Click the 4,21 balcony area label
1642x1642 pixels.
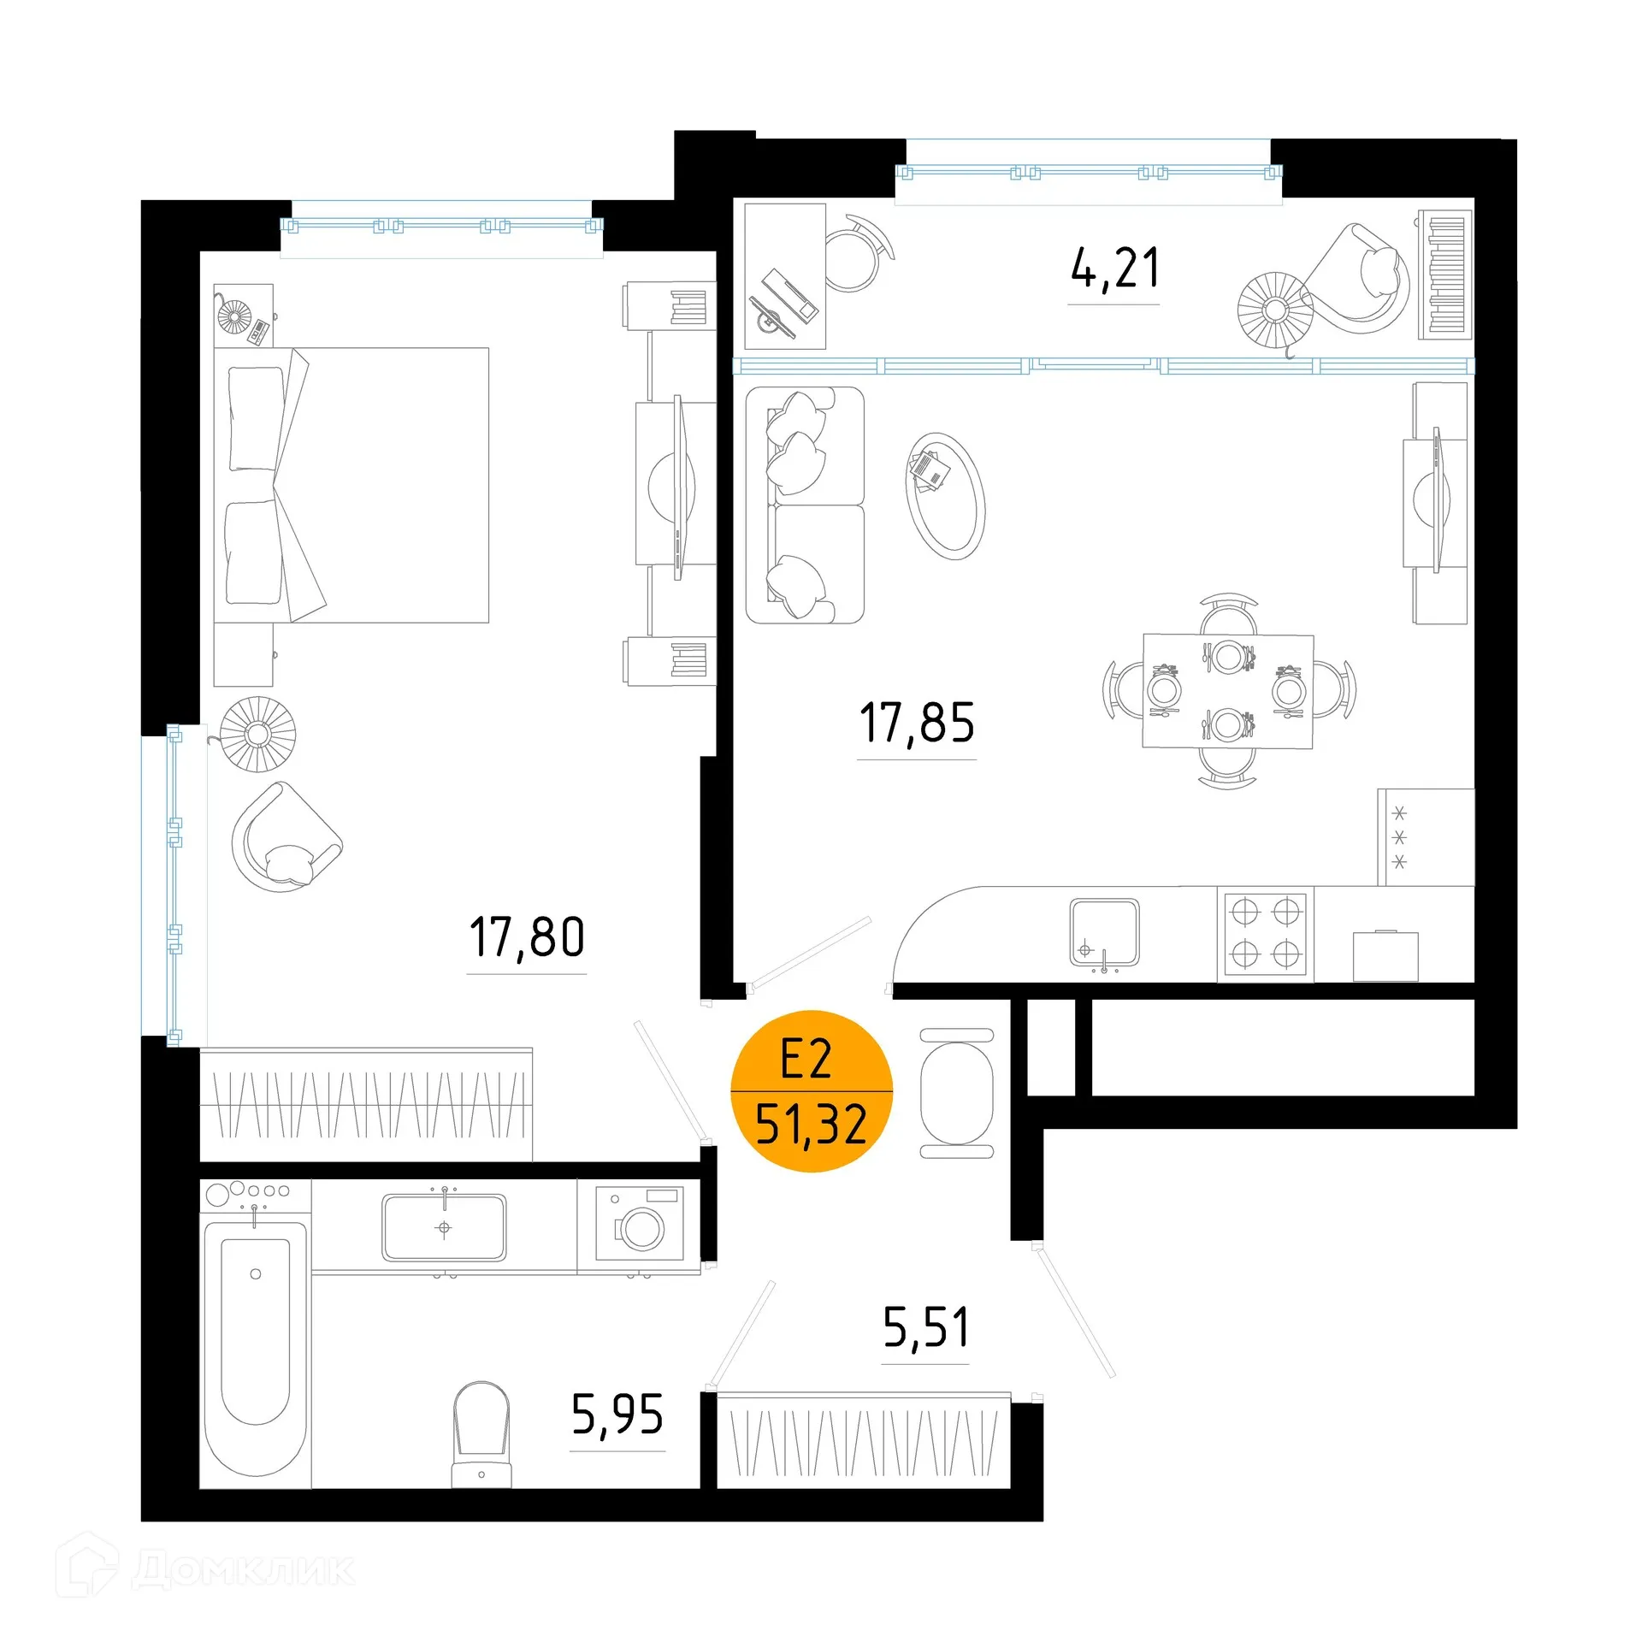(1114, 269)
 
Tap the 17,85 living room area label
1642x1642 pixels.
(917, 723)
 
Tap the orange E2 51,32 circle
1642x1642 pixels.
(811, 1091)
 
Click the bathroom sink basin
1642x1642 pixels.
(444, 1228)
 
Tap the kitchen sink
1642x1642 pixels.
(1104, 932)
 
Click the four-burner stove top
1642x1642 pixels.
(1266, 934)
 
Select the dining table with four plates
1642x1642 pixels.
(1228, 691)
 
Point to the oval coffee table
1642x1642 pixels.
(945, 496)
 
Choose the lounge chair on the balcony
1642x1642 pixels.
(1360, 278)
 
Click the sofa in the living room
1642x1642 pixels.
(805, 505)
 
